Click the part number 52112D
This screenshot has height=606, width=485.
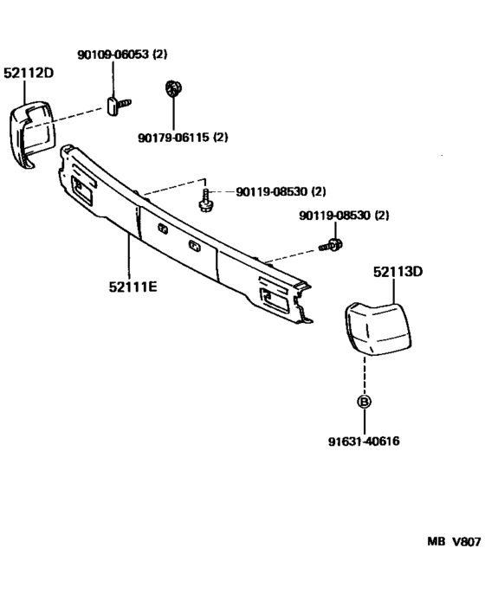pos(29,73)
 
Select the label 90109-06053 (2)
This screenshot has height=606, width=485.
pos(123,54)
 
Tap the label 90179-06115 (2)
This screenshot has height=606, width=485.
pos(183,137)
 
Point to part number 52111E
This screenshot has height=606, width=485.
pos(133,287)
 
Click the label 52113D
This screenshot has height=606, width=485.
pos(398,272)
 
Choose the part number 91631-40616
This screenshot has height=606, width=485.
pos(364,441)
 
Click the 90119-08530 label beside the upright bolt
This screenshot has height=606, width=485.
pos(281,191)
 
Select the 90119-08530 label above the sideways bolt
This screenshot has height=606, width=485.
pos(344,216)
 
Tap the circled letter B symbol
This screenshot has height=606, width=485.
pos(365,401)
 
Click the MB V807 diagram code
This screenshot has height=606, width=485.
pos(454,542)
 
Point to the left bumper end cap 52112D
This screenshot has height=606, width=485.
pos(32,135)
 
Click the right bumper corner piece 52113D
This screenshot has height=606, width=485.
pos(378,328)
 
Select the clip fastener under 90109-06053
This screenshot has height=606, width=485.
pos(118,106)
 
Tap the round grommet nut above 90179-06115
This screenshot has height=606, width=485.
pos(174,89)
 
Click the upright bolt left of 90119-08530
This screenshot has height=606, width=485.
pos(206,201)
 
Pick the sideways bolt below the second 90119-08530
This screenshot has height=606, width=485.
pos(331,245)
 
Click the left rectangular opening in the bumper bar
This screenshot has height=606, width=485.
pos(81,190)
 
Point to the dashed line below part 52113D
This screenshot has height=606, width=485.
pos(365,375)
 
